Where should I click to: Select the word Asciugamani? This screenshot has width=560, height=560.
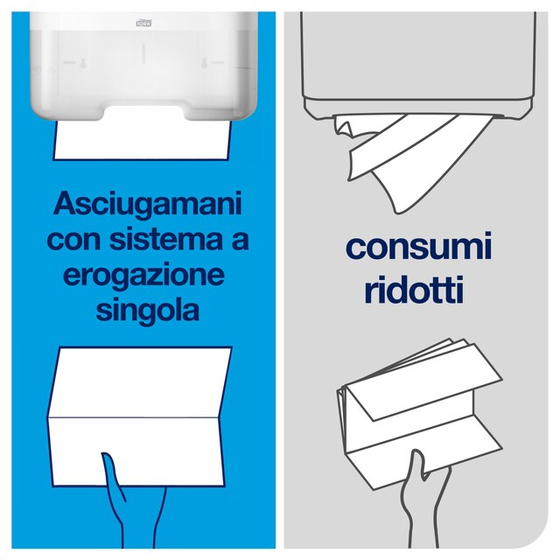[145, 206]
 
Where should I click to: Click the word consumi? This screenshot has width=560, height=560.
[418, 248]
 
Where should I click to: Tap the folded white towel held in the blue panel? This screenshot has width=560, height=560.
[140, 402]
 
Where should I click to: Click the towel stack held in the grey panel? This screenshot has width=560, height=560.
[411, 402]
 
